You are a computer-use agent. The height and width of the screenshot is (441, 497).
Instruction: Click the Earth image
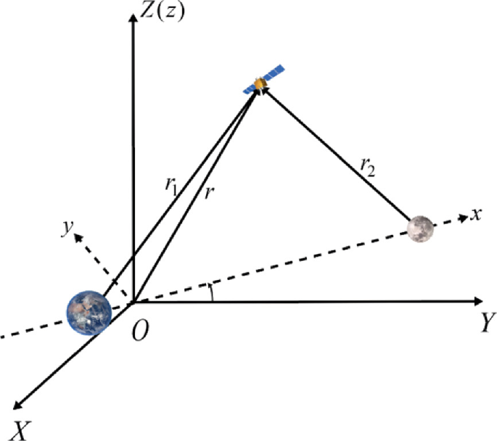coord(89,312)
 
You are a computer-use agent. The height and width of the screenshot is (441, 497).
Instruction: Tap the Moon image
coord(421,228)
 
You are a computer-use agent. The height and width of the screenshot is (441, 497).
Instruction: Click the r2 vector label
coord(368,168)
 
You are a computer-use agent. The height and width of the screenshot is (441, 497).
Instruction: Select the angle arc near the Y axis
coord(211,292)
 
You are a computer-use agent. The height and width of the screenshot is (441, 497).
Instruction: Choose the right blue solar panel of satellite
coord(274,75)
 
